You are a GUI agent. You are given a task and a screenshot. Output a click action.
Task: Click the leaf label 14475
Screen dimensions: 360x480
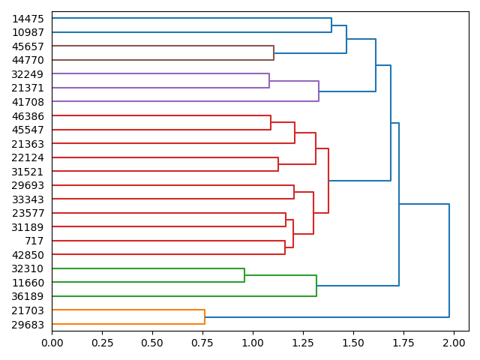click(x=28, y=18)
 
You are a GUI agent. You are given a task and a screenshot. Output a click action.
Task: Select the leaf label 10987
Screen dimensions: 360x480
click(x=28, y=32)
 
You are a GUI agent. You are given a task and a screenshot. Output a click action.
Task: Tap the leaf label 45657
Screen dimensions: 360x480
click(x=28, y=46)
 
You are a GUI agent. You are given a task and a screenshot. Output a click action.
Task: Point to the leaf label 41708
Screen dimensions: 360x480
click(x=28, y=101)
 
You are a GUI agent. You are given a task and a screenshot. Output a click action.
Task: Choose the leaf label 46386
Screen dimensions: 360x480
click(x=28, y=116)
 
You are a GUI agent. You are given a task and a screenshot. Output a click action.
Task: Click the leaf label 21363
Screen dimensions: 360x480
click(x=28, y=143)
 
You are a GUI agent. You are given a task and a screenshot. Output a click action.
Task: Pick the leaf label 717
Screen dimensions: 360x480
click(x=34, y=241)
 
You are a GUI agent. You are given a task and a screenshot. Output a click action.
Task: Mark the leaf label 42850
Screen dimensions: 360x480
click(x=28, y=255)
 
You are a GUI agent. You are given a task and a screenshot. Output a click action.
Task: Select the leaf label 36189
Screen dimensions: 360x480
click(x=28, y=296)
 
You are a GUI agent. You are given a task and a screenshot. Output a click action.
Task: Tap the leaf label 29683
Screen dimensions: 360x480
click(x=28, y=324)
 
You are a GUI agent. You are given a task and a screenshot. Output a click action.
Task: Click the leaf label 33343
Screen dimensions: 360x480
click(x=28, y=199)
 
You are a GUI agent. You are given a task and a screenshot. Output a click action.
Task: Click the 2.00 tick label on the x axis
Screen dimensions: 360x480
click(x=454, y=342)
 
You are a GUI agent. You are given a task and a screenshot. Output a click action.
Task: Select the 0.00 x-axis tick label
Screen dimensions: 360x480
click(x=52, y=342)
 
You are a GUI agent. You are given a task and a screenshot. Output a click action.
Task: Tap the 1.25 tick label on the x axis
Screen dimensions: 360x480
click(x=303, y=342)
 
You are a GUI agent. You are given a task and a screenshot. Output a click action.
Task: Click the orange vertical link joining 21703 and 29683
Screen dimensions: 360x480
click(x=205, y=317)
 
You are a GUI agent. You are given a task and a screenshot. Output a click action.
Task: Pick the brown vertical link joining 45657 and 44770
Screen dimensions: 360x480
click(x=274, y=52)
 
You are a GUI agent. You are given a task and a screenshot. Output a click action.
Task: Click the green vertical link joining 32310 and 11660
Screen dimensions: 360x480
click(x=244, y=275)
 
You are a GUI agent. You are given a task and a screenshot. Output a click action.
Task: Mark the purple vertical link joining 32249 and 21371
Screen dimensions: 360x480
click(x=269, y=80)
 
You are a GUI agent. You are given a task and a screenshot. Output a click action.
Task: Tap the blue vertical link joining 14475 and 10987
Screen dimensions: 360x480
click(x=331, y=25)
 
